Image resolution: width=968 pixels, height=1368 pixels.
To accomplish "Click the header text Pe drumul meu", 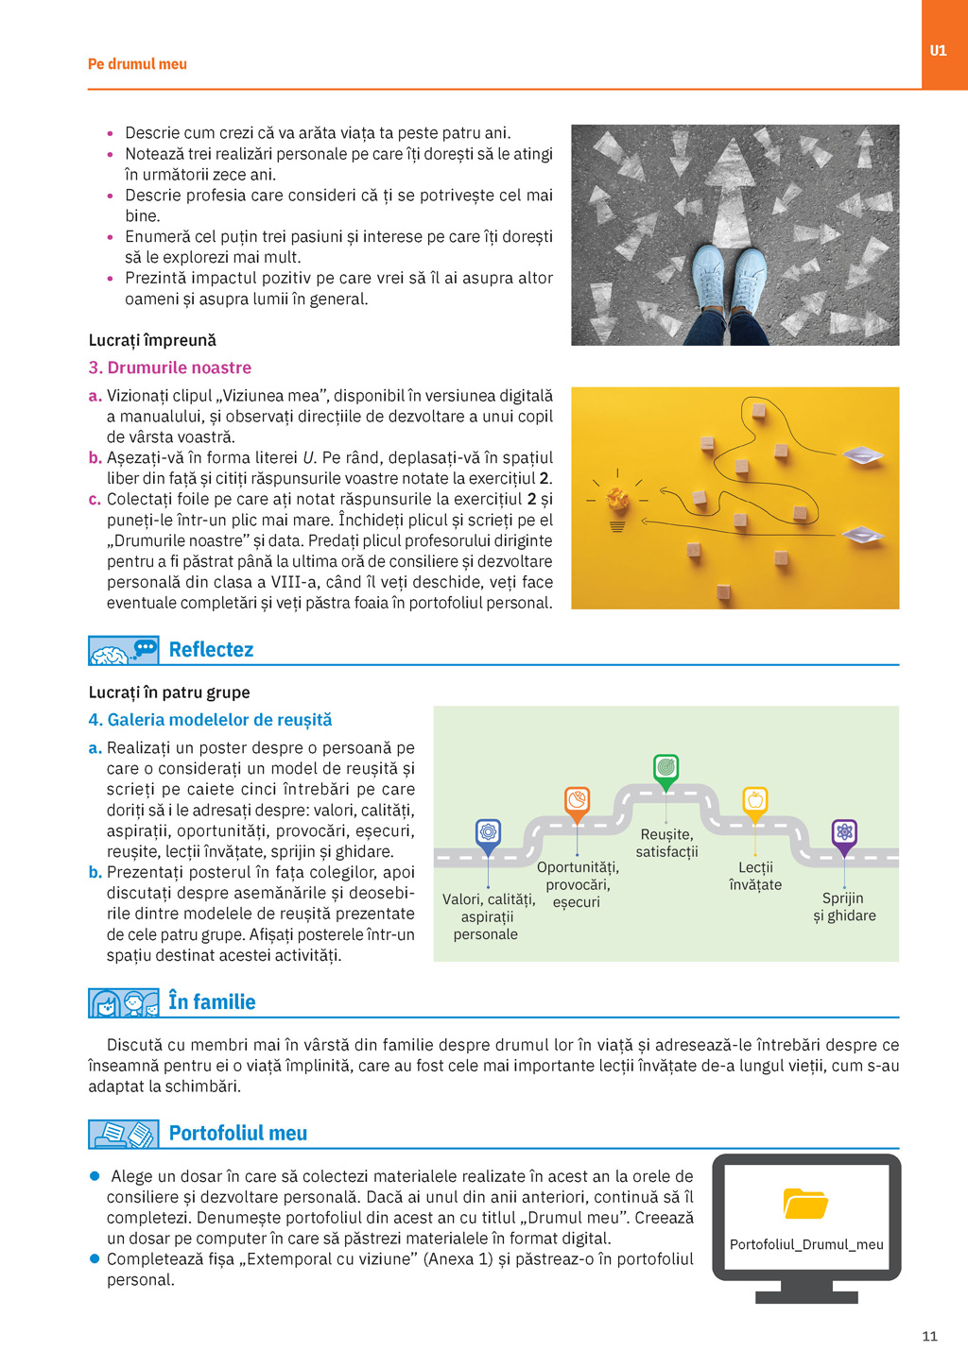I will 137,64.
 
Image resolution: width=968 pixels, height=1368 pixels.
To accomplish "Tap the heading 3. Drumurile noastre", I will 170,368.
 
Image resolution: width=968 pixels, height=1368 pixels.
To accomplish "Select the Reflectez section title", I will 211,650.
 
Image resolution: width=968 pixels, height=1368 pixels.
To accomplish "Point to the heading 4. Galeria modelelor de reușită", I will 210,720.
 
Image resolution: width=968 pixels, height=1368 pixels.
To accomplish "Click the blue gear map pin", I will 488,833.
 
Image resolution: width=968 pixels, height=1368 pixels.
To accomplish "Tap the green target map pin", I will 666,768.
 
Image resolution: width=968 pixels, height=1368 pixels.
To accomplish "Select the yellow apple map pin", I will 754,801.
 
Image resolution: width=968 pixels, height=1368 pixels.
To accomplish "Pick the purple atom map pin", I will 844,833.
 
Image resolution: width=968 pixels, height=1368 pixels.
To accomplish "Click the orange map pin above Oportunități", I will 577,801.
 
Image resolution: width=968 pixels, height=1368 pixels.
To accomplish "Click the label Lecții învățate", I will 755,876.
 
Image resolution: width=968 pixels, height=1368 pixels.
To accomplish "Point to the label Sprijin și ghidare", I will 844,907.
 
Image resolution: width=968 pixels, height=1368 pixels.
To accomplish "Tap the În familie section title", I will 212,1002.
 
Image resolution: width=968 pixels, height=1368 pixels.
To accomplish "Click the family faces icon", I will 123,1003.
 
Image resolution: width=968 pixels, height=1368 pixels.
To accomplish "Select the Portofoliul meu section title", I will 237,1134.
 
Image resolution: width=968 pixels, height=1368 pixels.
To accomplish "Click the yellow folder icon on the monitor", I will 805,1204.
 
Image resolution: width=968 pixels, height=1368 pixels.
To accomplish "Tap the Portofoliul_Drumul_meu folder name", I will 806,1244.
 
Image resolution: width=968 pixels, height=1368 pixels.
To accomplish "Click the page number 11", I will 929,1336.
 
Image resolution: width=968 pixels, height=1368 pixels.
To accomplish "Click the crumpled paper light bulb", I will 617,500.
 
